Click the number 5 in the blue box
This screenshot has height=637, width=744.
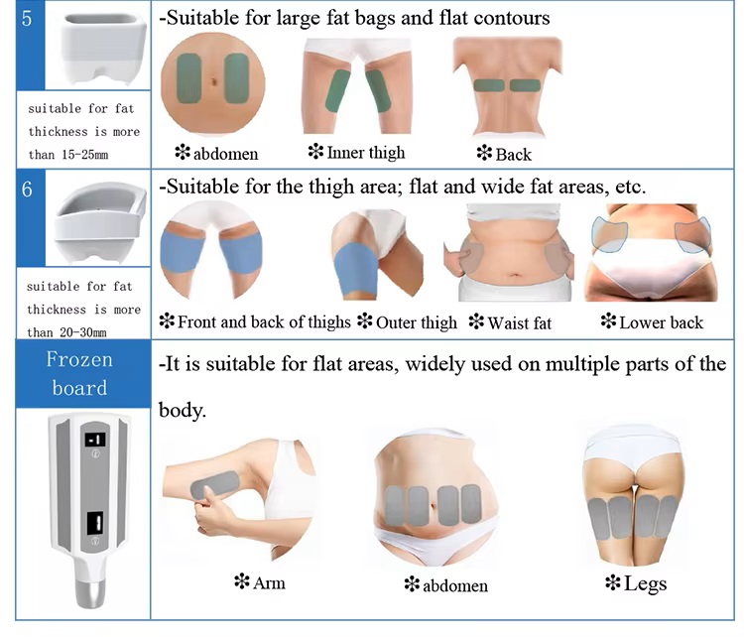tap(27, 19)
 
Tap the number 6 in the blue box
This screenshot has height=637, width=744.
tap(28, 190)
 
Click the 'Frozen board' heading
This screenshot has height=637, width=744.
tap(79, 372)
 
